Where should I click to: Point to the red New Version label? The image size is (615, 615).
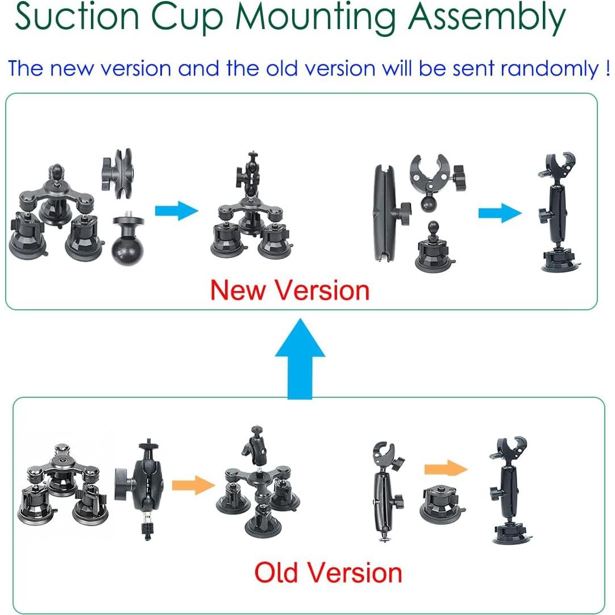pos(290,290)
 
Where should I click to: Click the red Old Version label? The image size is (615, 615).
pos(328,572)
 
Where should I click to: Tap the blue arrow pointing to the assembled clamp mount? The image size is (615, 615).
pos(498,214)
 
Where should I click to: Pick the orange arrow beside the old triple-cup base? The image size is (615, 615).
pos(193,485)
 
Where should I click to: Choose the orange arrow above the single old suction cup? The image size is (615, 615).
pos(446,468)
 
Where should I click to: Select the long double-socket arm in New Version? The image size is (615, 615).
pos(387,211)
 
